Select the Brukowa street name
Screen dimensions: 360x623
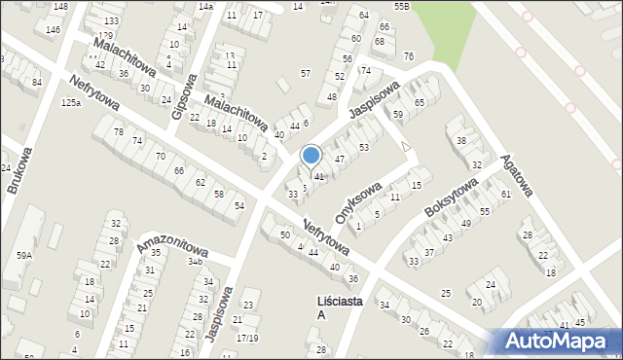pyautogui.click(x=19, y=170)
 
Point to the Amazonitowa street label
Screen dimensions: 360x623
pyautogui.click(x=171, y=234)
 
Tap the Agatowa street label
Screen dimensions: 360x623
pyautogui.click(x=518, y=175)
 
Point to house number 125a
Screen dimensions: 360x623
pyautogui.click(x=70, y=103)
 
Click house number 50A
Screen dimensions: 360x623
pyautogui.click(x=23, y=256)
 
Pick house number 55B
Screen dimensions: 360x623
pyautogui.click(x=402, y=6)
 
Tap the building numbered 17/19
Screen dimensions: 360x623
pyautogui.click(x=246, y=339)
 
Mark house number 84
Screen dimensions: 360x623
pyautogui.click(x=37, y=83)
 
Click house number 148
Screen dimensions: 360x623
pyautogui.click(x=60, y=7)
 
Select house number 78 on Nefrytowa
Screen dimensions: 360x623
pyautogui.click(x=119, y=131)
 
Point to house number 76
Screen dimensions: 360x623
pyautogui.click(x=408, y=55)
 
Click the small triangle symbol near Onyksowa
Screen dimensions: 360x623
pyautogui.click(x=406, y=146)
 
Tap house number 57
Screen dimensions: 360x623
pyautogui.click(x=306, y=74)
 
